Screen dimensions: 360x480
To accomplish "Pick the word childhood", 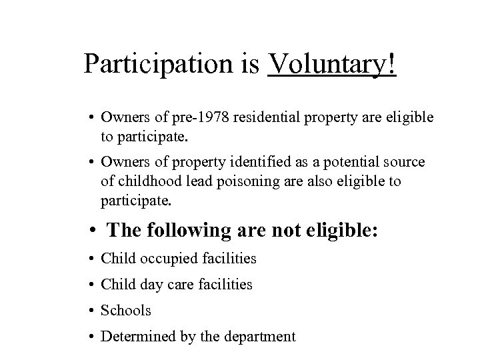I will [131, 182].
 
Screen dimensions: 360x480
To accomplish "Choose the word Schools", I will [126, 311].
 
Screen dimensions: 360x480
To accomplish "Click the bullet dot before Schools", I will [89, 311].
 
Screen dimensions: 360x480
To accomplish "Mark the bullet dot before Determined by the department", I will [89, 337].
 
